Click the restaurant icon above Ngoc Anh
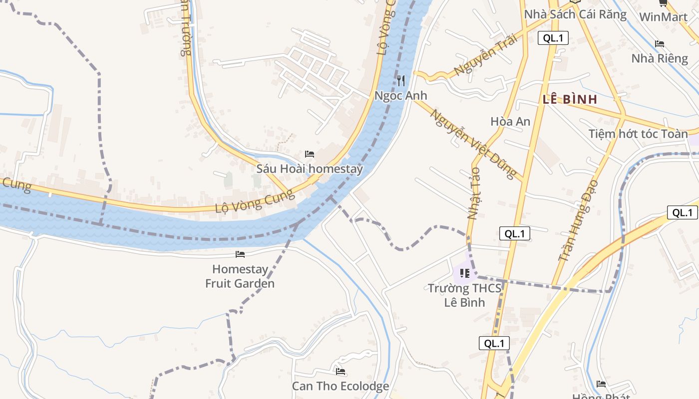tap(401, 81)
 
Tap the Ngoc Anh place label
tap(401, 95)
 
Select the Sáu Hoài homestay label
tap(310, 169)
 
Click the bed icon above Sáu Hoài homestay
tap(310, 154)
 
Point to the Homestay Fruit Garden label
tap(240, 276)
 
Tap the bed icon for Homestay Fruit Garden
tap(240, 254)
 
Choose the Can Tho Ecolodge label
tap(341, 386)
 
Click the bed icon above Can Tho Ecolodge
tap(341, 372)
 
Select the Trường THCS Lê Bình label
tap(465, 295)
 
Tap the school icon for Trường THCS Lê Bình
tap(465, 273)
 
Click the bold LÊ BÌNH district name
tap(570, 99)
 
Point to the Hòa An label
tap(510, 122)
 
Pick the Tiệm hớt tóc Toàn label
tap(638, 134)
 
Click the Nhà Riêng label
tap(660, 58)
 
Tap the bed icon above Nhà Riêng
tap(660, 44)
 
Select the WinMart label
tap(663, 17)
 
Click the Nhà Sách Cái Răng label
tap(575, 14)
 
